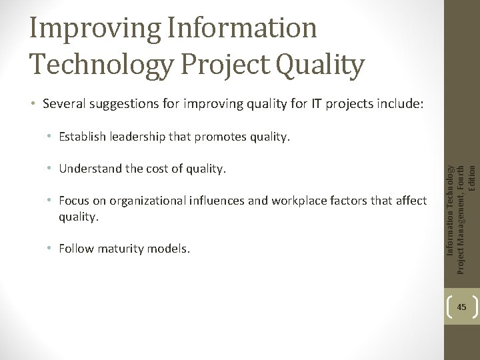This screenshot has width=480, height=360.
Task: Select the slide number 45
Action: click(x=461, y=307)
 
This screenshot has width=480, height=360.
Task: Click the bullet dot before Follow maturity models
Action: click(x=51, y=249)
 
